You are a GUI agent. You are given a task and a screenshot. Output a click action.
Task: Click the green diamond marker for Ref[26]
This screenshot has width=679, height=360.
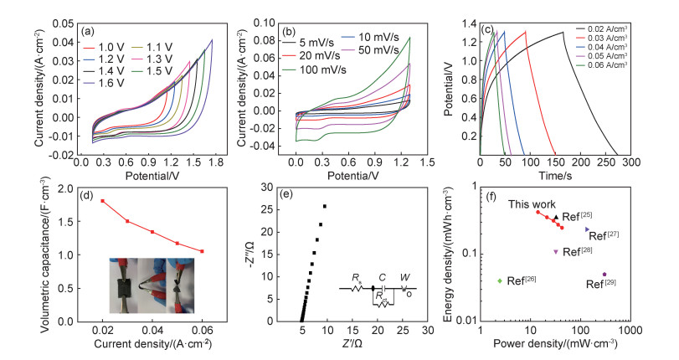[x=501, y=280]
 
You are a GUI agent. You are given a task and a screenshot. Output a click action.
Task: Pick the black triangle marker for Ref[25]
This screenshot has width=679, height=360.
[x=555, y=217]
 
